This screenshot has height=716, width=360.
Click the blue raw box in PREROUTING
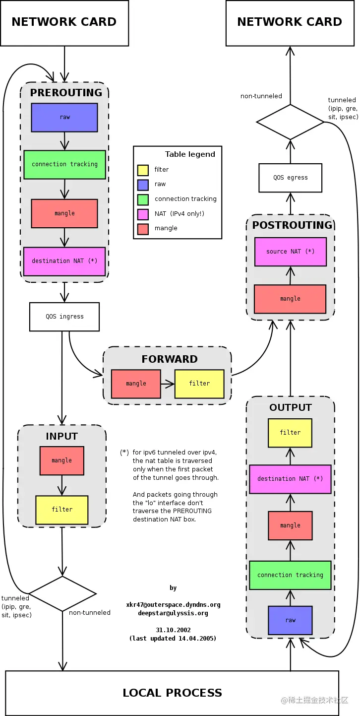[64, 118]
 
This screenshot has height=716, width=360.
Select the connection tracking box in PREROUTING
[64, 164]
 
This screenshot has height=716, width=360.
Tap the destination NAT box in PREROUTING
[64, 261]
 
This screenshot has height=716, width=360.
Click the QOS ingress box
[64, 317]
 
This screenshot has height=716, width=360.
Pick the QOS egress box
[291, 178]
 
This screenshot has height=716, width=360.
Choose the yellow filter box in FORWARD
[199, 384]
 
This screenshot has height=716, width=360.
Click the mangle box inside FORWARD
[136, 384]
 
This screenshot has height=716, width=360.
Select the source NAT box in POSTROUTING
[291, 252]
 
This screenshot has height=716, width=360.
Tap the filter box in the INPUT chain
[62, 510]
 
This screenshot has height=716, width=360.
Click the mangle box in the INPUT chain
[62, 460]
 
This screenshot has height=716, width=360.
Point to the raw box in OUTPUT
[291, 620]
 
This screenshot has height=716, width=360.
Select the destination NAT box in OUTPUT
[290, 479]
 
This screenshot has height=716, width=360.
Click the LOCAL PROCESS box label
[172, 693]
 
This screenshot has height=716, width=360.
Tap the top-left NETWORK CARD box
[64, 22]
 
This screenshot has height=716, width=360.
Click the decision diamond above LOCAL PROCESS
[62, 593]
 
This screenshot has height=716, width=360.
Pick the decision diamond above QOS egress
[290, 122]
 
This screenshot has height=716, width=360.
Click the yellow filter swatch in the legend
[143, 170]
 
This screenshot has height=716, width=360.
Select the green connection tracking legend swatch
[143, 199]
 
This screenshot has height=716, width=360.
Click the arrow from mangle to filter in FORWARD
[168, 384]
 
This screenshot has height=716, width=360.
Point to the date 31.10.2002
[173, 630]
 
